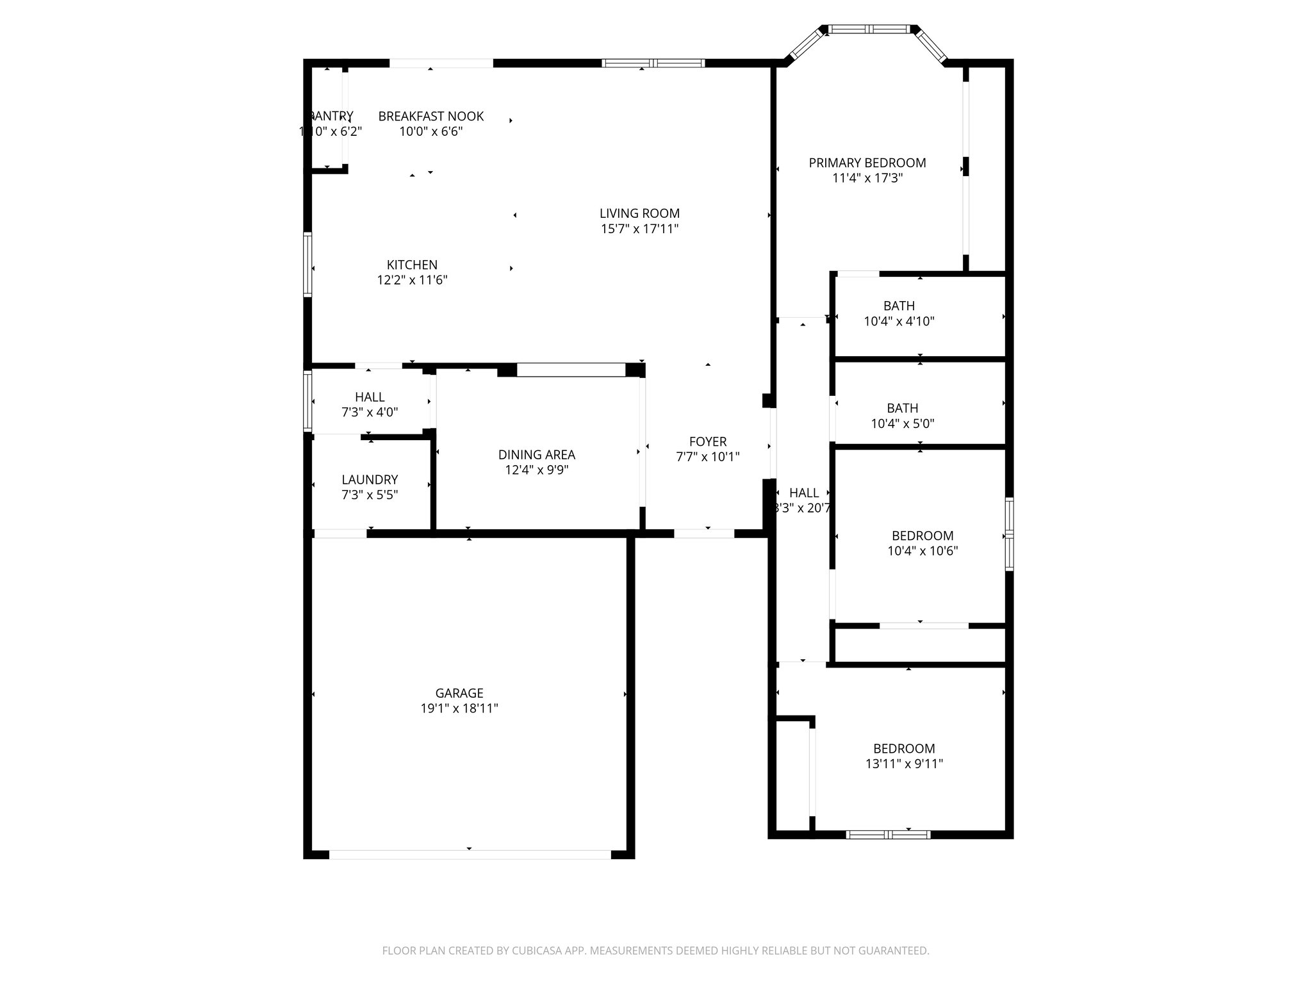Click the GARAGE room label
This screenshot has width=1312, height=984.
pos(459,693)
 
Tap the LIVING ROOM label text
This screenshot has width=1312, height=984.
pos(639,213)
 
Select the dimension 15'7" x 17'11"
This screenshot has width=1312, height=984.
pos(639,229)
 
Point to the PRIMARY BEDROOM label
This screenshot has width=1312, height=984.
pos(867,163)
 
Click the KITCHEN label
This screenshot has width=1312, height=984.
pos(412,265)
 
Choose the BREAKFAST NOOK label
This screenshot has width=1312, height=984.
pos(430,116)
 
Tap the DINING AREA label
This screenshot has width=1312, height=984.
pos(536,455)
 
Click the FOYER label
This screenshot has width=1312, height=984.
pos(707,441)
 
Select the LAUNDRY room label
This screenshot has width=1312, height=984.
pos(370,479)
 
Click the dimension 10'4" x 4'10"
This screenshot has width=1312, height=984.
pos(899,322)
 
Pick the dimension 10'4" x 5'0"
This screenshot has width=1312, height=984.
pos(902,423)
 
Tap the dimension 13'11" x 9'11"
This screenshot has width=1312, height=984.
pos(904,764)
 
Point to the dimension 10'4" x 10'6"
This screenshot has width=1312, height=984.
pos(922,551)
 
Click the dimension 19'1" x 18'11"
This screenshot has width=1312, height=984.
pos(459,709)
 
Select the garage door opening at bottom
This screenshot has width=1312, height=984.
pos(470,854)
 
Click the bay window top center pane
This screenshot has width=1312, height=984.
pos(869,29)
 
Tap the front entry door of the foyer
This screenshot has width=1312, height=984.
pos(703,533)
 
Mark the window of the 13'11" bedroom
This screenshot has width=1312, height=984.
pos(888,834)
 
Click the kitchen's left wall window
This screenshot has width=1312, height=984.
pos(307,265)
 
